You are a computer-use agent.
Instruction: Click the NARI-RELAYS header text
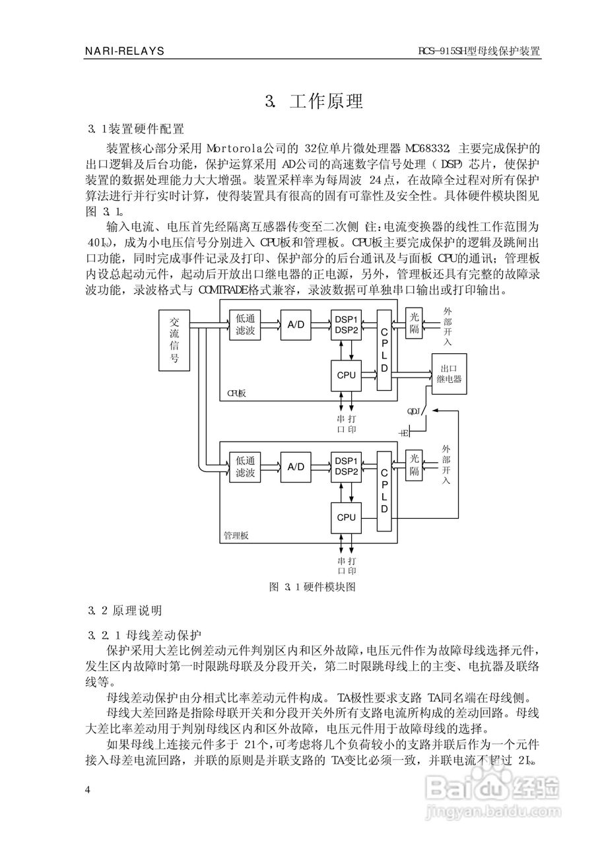coord(125,51)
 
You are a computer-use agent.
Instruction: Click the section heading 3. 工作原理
coord(314,102)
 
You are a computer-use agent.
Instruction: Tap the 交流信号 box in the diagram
coord(175,340)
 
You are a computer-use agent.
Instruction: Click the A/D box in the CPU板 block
coord(296,324)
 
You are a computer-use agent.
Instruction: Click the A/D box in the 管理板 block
coord(296,466)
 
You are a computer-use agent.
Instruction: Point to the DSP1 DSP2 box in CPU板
coord(346,325)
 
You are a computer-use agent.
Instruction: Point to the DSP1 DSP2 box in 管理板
coord(346,466)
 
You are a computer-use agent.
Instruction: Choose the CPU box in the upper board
coord(346,375)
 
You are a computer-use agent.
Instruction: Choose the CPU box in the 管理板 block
coord(346,517)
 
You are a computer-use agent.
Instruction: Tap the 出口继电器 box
coord(449,374)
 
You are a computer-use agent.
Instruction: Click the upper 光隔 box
coord(414,324)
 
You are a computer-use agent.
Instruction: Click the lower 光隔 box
coord(414,465)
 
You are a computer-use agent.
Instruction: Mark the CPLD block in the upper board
coord(384,349)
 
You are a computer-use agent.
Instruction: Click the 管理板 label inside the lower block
coord(236,536)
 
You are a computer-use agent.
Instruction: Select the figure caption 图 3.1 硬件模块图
coord(313,586)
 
